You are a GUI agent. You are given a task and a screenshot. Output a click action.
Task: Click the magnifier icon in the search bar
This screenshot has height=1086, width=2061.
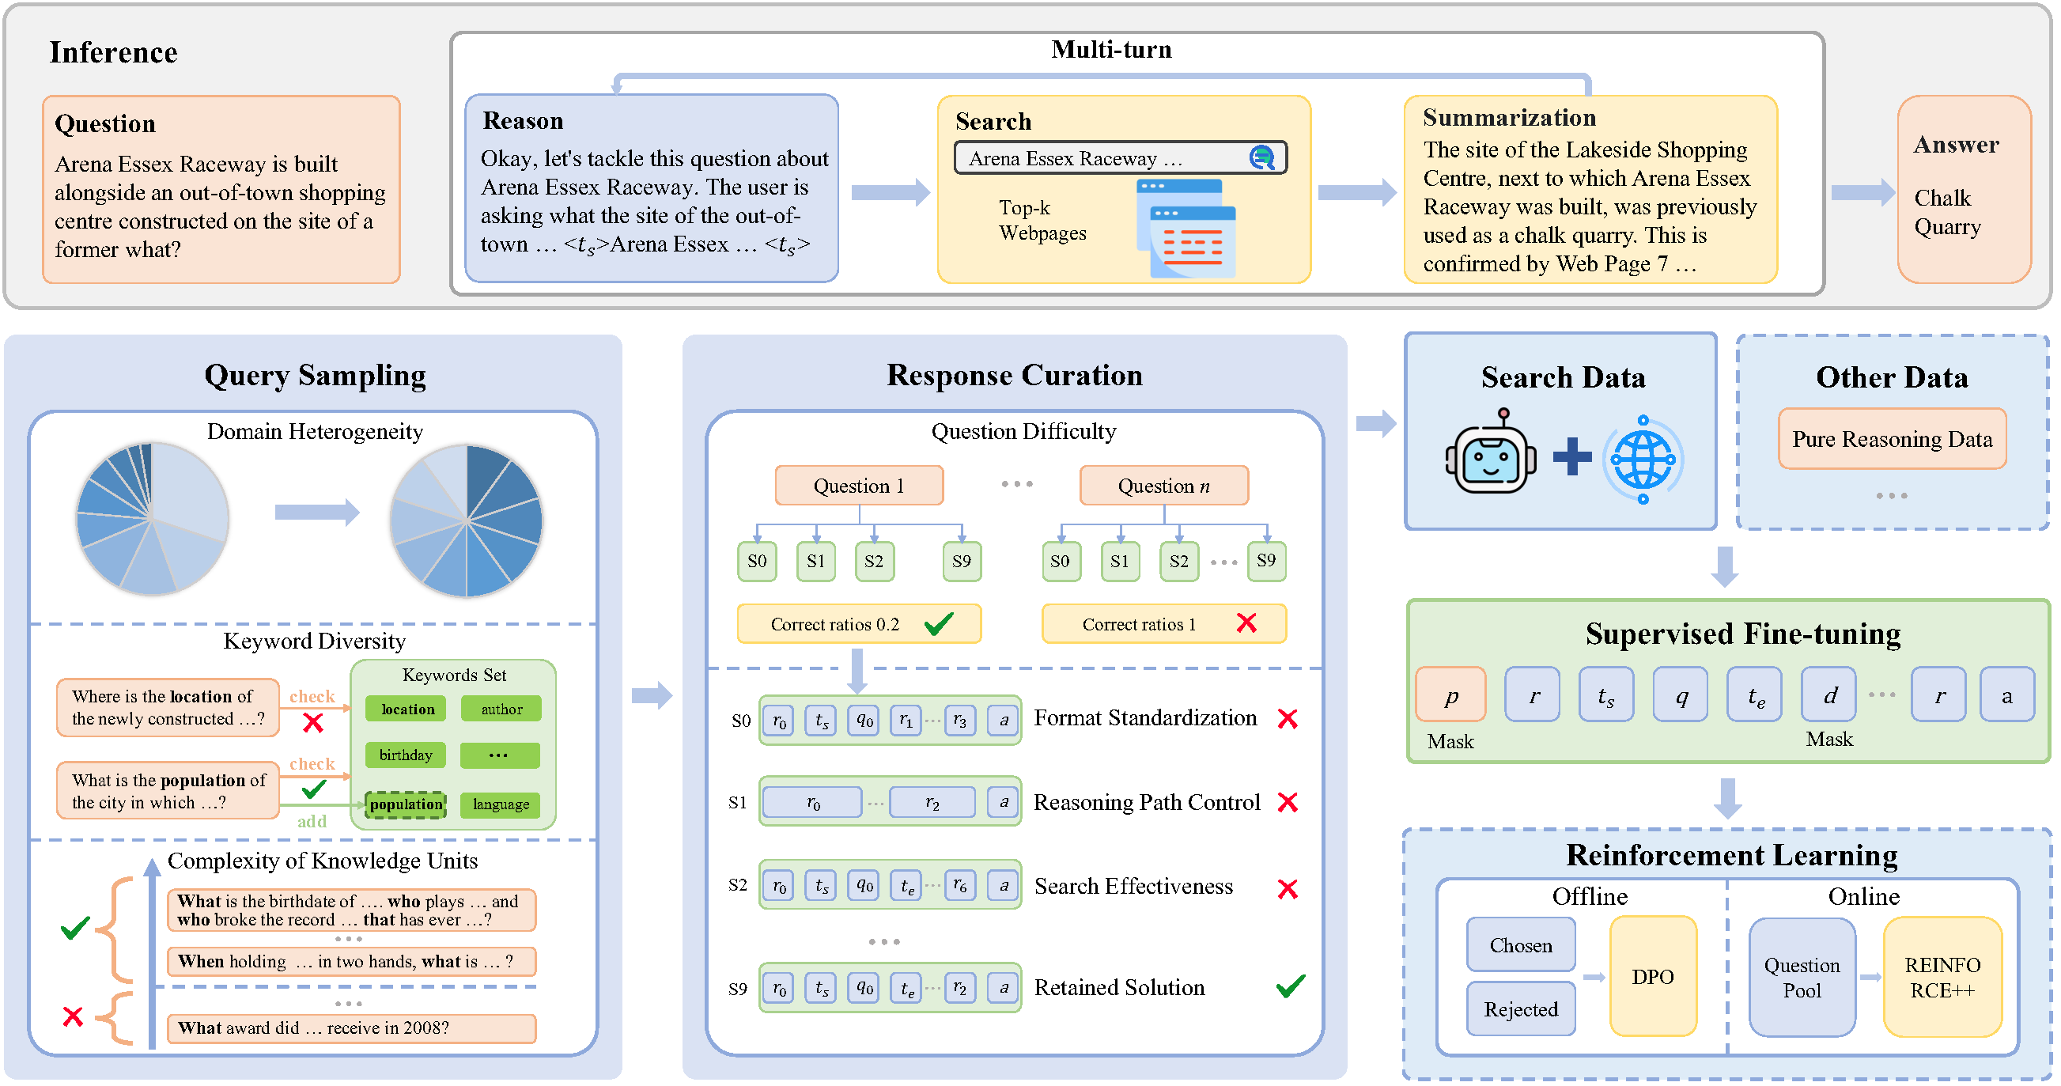click(1261, 157)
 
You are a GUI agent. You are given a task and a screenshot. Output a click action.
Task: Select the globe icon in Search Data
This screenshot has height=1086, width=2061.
click(1643, 460)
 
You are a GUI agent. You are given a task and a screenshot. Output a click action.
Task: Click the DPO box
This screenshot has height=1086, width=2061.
click(1652, 976)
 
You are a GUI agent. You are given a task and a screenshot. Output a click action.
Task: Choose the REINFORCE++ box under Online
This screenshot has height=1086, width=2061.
click(1942, 977)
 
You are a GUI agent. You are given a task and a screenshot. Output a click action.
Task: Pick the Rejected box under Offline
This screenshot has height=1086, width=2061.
click(1520, 1009)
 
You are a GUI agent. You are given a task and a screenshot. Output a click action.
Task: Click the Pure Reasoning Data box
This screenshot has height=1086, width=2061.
click(1892, 438)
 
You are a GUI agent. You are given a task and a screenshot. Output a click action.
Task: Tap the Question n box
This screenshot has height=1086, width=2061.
click(1163, 486)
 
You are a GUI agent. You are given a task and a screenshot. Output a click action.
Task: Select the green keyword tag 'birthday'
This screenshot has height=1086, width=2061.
click(406, 755)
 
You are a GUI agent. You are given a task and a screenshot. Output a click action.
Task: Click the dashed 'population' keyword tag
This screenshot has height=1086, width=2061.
click(406, 804)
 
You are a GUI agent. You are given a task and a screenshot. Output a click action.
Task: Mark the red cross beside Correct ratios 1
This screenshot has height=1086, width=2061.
click(1246, 623)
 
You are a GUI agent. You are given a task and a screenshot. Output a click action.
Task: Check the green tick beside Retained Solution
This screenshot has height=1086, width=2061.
click(1290, 986)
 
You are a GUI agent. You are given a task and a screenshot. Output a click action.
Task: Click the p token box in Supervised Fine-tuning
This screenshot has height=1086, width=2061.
click(1450, 694)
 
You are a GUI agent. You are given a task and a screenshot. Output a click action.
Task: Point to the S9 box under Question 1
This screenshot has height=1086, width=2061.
click(961, 561)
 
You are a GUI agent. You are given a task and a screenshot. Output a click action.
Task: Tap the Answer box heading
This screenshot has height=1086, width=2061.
click(1955, 145)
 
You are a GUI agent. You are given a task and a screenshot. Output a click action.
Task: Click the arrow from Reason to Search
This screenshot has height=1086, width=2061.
click(889, 192)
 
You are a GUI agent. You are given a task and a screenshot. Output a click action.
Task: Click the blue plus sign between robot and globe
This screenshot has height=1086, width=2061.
click(1571, 456)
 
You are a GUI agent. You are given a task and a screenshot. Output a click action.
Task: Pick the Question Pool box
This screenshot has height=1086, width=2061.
click(1801, 977)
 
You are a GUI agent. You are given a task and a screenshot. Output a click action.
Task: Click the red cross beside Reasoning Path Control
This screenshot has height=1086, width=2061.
click(1288, 802)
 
